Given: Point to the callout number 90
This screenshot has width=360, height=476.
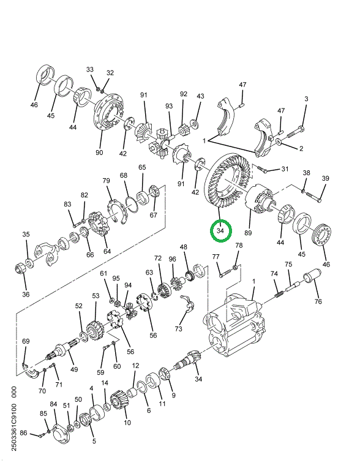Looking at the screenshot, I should point(99,152).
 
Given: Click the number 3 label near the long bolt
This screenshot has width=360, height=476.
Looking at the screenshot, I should point(307,99).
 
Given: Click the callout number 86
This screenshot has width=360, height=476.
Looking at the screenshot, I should point(23,433).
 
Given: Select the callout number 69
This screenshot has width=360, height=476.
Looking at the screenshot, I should point(26,341).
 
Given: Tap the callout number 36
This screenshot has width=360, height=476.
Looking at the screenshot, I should point(26,294).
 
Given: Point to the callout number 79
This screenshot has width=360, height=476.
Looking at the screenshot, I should point(106,181).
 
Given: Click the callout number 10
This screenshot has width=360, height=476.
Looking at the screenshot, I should point(127,423).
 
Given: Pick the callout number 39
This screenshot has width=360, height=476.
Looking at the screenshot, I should point(326,178).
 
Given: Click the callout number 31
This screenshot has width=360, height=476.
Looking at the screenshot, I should point(284,169).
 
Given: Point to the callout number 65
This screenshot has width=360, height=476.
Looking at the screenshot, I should point(142,167).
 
